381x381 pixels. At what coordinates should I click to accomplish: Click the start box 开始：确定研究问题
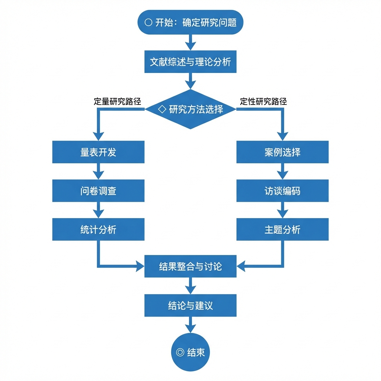[x=190, y=22]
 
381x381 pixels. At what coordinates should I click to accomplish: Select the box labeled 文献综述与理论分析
[x=190, y=61]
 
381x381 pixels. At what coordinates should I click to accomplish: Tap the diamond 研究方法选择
[x=190, y=109]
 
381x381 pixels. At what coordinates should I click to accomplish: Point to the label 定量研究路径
[x=118, y=102]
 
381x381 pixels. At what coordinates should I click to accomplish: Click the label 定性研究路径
[x=263, y=102]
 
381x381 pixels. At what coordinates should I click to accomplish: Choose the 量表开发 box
[x=98, y=152]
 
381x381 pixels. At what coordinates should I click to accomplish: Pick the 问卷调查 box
[x=98, y=191]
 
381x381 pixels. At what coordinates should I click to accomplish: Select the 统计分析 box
[x=98, y=229]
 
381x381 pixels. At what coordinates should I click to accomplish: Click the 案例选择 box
[x=282, y=152]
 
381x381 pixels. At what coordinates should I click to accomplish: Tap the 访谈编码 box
[x=282, y=191]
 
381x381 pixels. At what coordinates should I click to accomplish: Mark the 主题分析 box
[x=282, y=229]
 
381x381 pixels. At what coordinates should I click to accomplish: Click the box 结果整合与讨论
[x=190, y=266]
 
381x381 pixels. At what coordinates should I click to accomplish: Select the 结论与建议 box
[x=190, y=305]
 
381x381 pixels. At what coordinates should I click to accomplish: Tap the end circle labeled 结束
[x=190, y=352]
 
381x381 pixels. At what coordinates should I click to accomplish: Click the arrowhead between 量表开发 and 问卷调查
[x=98, y=175]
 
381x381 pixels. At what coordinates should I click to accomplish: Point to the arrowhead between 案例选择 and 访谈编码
[x=282, y=175]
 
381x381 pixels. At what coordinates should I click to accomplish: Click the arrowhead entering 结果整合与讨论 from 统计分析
[x=140, y=266]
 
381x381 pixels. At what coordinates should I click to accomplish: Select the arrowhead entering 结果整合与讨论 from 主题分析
[x=241, y=266]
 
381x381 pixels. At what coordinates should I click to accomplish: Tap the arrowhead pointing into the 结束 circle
[x=190, y=329]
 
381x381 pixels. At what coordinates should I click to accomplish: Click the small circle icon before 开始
[x=148, y=23]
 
